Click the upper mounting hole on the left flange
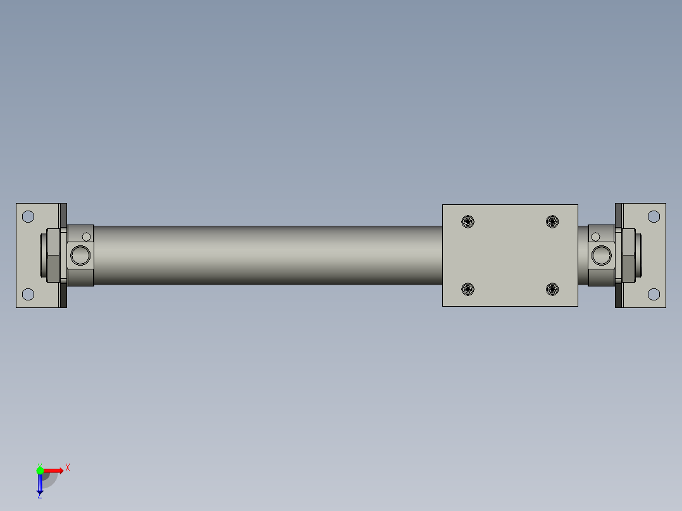(28, 216)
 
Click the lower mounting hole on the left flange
(28, 294)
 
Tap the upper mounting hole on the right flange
(654, 216)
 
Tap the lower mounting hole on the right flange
(654, 294)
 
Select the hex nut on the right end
(629, 255)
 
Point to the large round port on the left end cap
(80, 255)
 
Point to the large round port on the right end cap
(601, 255)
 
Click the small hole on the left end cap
(87, 237)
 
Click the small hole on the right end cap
(595, 237)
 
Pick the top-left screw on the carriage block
(468, 221)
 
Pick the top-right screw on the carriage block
(552, 221)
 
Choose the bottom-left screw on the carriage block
(468, 290)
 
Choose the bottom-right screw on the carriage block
(552, 290)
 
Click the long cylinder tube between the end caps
(266, 255)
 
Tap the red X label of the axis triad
(68, 468)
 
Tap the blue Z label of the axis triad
(39, 495)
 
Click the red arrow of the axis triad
(54, 471)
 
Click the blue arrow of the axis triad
(40, 483)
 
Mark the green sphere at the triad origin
(40, 471)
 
